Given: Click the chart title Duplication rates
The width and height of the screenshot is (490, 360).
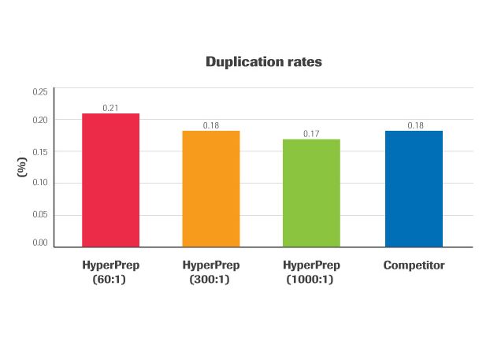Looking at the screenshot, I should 263,62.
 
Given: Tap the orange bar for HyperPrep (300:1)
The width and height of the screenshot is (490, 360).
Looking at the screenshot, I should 211,188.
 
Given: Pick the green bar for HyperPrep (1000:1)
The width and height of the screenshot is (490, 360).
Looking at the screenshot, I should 311,192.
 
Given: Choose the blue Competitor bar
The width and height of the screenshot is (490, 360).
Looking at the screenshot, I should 414,188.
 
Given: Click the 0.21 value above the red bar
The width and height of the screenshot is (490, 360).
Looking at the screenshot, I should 111,107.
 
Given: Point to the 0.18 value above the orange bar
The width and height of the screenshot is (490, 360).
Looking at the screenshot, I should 211,125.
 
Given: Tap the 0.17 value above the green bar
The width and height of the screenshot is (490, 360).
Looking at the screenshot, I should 311,134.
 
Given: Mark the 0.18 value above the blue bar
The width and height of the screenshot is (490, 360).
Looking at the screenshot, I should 414,125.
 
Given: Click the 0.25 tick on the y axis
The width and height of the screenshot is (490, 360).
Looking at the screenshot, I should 39,92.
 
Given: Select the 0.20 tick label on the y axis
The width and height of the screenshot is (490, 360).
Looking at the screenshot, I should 39,120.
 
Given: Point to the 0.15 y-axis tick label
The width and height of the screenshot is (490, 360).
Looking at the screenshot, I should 39,151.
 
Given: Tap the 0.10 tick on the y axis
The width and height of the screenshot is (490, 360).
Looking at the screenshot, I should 39,183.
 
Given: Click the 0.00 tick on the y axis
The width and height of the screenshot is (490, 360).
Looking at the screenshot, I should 39,243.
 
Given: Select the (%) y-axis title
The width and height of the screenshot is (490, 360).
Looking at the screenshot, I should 23,167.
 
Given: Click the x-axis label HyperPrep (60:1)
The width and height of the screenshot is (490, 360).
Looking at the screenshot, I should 111,272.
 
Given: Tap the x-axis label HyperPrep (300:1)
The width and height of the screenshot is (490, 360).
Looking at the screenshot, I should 211,272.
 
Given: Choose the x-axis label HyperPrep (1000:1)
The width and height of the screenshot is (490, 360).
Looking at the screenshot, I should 311,272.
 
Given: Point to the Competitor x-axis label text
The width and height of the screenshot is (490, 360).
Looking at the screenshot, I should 414,265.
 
